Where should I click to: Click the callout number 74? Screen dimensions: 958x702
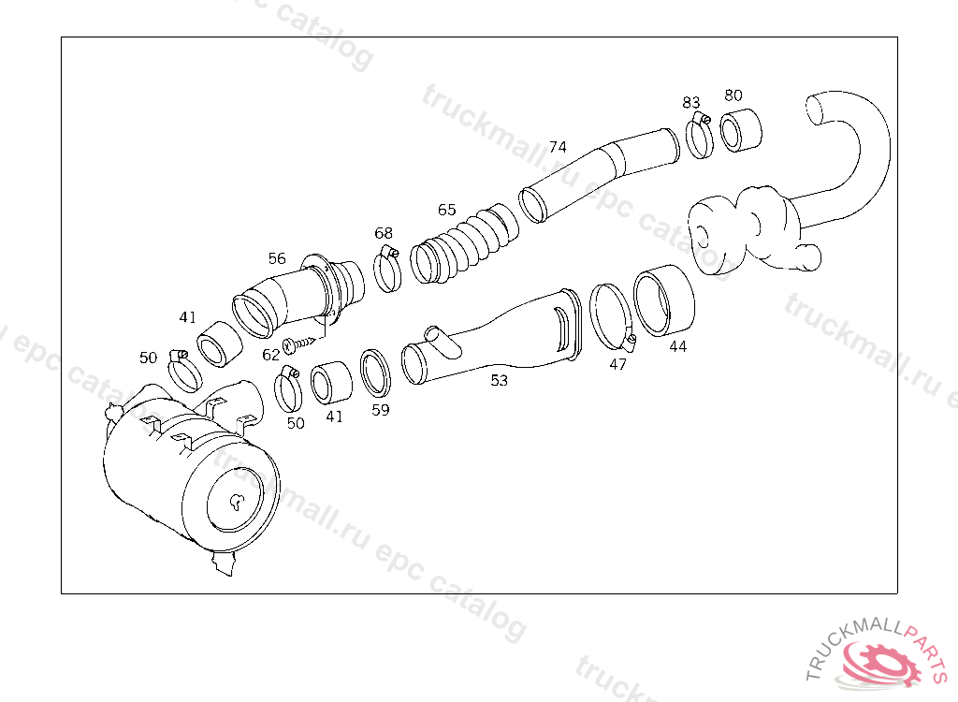click(x=558, y=147)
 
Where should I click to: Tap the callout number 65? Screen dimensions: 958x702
click(x=446, y=211)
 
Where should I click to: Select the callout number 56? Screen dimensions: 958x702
click(x=277, y=258)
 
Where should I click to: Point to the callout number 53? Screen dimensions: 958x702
click(x=500, y=380)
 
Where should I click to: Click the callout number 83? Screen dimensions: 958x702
click(x=691, y=103)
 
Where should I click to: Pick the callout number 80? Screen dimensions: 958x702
click(x=733, y=95)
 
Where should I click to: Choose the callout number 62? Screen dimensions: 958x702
click(x=270, y=355)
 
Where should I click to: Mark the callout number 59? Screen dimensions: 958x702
click(x=381, y=410)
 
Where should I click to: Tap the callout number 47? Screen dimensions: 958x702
click(x=617, y=364)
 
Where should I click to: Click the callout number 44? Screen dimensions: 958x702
click(x=677, y=346)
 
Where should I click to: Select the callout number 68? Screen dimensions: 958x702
click(x=384, y=233)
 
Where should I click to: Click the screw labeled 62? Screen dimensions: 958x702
click(x=298, y=344)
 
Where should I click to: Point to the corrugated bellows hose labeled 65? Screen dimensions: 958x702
click(x=464, y=244)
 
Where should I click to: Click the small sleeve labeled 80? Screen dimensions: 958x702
click(x=741, y=130)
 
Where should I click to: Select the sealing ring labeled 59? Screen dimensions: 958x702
click(x=375, y=373)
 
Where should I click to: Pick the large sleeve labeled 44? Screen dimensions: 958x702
click(x=664, y=300)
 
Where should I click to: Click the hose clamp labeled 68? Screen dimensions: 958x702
click(x=387, y=270)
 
